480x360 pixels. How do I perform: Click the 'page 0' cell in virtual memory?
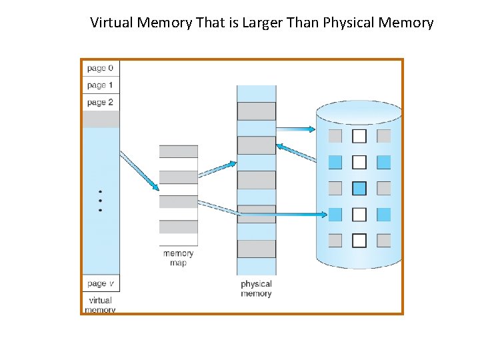tap(101, 68)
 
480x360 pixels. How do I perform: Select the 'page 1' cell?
tap(101, 85)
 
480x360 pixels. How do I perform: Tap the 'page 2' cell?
tap(101, 103)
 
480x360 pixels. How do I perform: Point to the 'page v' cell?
tap(101, 284)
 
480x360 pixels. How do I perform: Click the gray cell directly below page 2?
tap(101, 119)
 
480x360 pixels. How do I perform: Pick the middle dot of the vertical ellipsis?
tap(101, 200)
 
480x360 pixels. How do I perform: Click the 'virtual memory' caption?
tap(101, 305)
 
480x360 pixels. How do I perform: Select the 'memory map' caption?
tap(178, 257)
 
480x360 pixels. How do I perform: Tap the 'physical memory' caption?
tap(256, 289)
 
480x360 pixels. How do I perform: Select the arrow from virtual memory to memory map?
tap(139, 170)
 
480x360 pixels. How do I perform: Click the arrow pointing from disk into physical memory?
tap(297, 153)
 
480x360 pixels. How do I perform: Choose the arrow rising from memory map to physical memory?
tap(217, 169)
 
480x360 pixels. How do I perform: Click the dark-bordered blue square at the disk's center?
tap(359, 188)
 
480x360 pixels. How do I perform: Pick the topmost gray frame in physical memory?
tap(257, 111)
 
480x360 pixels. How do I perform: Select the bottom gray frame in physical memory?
tap(257, 249)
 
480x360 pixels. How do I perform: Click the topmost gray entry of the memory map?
tap(178, 151)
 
